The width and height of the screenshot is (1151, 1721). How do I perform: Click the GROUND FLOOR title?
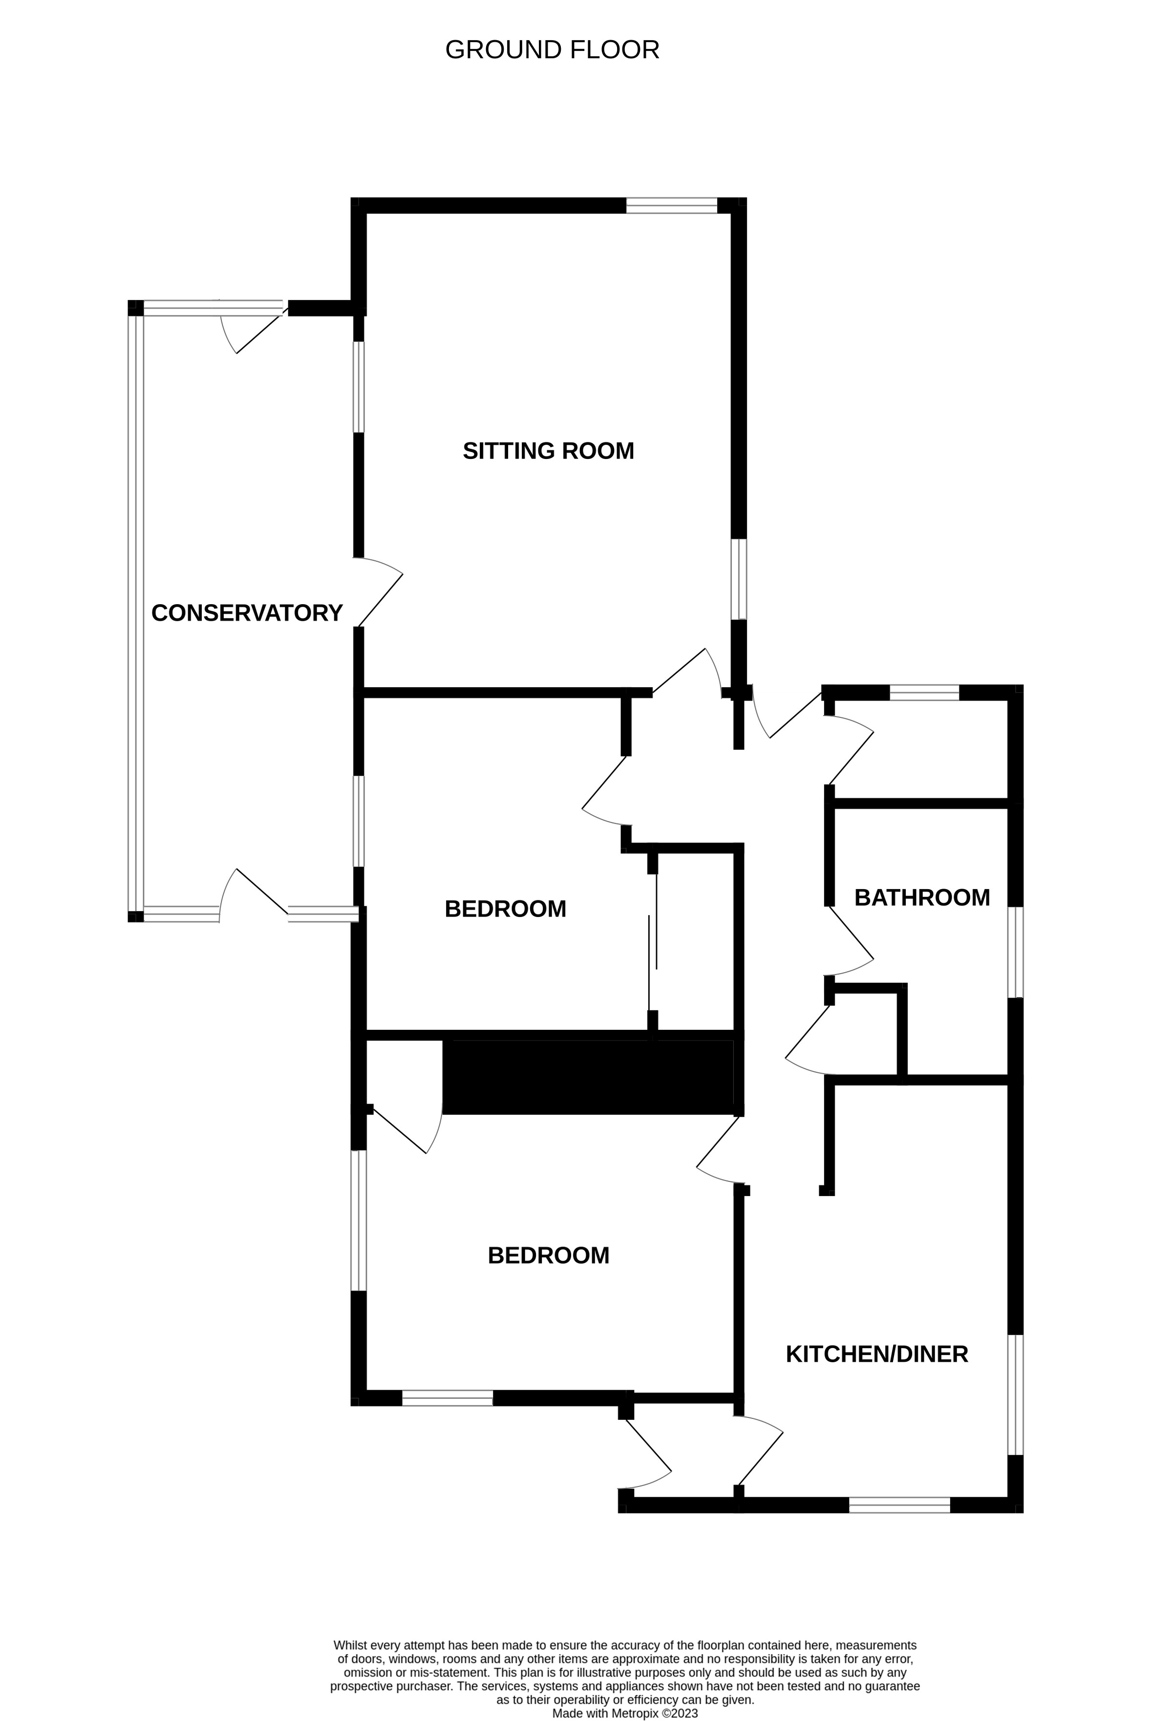(552, 50)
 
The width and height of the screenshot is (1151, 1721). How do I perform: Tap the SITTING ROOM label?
(548, 451)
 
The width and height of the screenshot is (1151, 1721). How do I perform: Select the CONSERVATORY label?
(247, 613)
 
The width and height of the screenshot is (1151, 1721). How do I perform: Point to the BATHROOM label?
(922, 897)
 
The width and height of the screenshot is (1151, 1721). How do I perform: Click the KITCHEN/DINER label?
(876, 1354)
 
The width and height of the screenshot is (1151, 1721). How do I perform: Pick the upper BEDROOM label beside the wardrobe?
(505, 909)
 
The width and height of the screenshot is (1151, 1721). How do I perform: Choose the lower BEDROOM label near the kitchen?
(548, 1256)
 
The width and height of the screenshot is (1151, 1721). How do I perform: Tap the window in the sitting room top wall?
(671, 206)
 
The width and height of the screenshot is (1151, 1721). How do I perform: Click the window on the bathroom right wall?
(1015, 952)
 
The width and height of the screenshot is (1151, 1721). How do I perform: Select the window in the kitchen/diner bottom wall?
(899, 1504)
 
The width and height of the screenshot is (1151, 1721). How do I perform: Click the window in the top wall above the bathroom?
(924, 693)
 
